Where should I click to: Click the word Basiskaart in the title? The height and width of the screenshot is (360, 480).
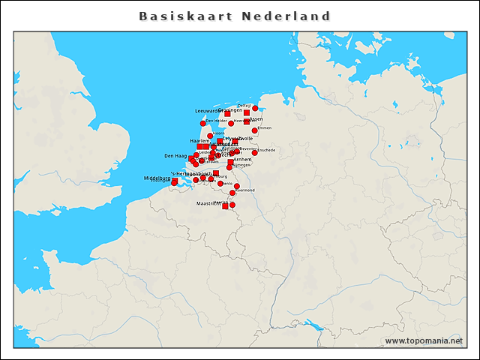[x=185, y=16]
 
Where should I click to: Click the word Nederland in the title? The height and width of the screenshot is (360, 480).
[x=286, y=16]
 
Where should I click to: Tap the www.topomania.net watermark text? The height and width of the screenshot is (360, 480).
[x=424, y=340]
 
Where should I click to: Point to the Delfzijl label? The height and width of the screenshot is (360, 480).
[x=244, y=105]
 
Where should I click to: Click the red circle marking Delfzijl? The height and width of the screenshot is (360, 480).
[x=255, y=108]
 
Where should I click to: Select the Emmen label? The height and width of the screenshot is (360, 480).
[x=264, y=127]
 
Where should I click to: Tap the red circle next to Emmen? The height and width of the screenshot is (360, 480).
[x=255, y=130]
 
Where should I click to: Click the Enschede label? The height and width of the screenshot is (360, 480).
[x=266, y=150]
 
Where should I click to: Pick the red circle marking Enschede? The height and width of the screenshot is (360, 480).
[x=255, y=152]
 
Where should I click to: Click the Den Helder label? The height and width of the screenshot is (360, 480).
[x=216, y=120]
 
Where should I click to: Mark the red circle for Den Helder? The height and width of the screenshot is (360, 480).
[x=202, y=123]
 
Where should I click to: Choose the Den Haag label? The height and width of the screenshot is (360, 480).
[x=175, y=156]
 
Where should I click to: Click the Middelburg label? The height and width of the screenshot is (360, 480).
[x=157, y=178]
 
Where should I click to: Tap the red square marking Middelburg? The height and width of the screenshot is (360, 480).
[x=175, y=181]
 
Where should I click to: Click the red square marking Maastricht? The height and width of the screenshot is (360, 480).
[x=225, y=206]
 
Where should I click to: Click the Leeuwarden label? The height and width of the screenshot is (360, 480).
[x=207, y=110]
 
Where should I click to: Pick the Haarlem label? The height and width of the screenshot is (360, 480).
[x=199, y=140]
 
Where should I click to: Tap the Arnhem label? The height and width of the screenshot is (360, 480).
[x=242, y=160]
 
